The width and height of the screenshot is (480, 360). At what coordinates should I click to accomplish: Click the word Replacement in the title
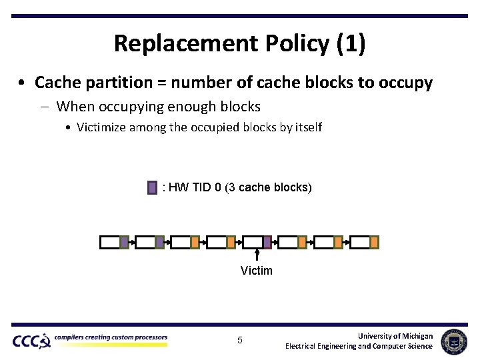coord(168,44)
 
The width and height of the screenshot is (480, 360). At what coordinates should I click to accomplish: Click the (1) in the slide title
coord(351,44)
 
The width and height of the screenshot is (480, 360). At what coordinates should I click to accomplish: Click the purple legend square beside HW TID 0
coord(153,187)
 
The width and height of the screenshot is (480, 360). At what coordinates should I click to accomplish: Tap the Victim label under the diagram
coord(257,270)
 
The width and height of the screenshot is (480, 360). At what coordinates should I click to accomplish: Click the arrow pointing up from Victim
coord(257,256)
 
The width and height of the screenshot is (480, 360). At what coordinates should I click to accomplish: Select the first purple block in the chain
coord(124,242)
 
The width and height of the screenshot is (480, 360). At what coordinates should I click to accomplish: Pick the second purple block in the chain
coord(159,242)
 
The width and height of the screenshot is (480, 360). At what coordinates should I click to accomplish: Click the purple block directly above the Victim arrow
coord(267,242)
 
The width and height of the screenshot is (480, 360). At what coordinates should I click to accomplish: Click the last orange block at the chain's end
coord(374,242)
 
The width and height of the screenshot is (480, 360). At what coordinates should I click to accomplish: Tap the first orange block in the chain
coord(195,242)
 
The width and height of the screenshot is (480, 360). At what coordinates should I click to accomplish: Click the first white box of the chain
coord(109,242)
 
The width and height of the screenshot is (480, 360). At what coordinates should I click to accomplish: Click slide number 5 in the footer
coord(240,341)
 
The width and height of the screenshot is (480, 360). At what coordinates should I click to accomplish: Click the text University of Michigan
coord(395,336)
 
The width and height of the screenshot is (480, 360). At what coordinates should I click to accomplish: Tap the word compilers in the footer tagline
coord(71,337)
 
